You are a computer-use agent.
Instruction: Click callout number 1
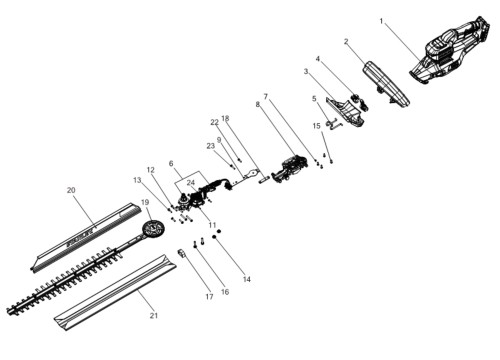tap(381, 21)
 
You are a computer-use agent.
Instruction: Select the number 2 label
tap(346, 42)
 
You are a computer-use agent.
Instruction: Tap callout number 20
tap(71, 190)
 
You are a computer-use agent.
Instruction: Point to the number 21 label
tap(153, 315)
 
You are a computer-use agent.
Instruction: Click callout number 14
tap(247, 279)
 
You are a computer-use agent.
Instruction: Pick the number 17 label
tap(209, 296)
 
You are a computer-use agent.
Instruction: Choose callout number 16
tap(225, 292)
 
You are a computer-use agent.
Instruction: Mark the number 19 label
tap(145, 202)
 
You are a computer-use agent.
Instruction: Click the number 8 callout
tap(257, 104)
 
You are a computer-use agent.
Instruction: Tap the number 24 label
tap(191, 183)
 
